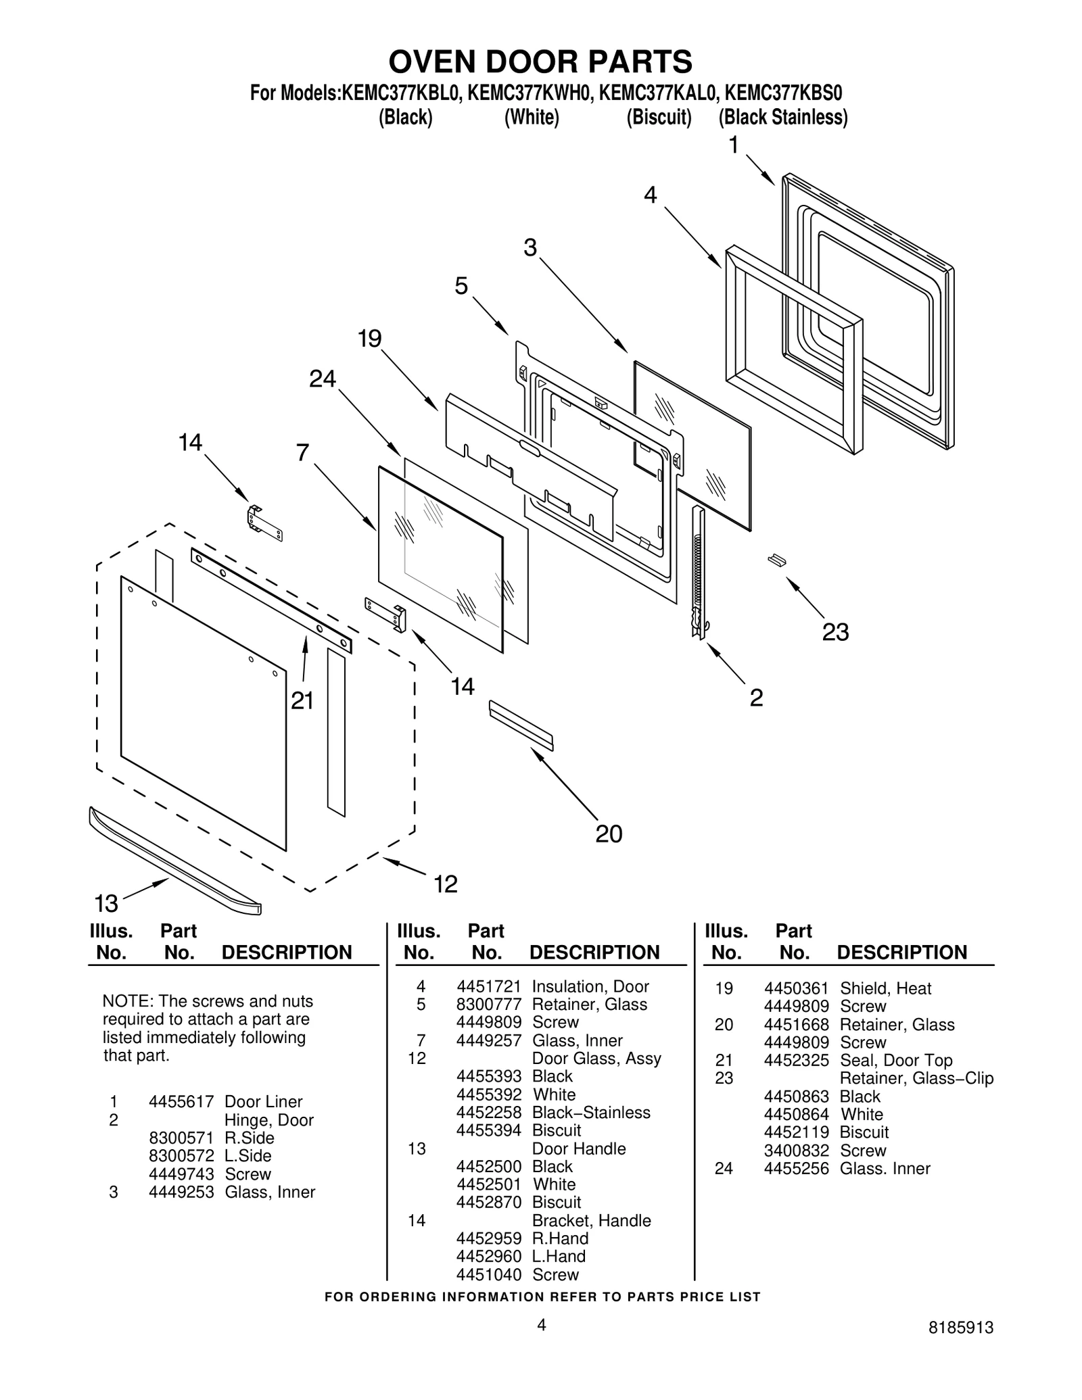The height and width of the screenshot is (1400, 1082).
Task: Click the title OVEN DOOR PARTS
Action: pos(540,62)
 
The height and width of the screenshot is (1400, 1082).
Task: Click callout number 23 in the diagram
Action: pos(834,633)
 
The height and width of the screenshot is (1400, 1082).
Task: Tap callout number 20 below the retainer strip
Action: pos(608,834)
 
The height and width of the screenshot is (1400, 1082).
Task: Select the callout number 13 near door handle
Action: pos(106,903)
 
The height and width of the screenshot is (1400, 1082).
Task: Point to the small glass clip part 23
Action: pos(778,559)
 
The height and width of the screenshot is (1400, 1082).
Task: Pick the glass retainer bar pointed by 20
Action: pos(521,725)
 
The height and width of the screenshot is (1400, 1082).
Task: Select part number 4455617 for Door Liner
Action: pos(181,1101)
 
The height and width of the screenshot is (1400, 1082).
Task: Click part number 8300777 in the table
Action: pos(488,1005)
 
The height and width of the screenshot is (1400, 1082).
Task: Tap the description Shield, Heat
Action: pos(885,988)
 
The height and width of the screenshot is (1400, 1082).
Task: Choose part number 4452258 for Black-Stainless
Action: pos(488,1113)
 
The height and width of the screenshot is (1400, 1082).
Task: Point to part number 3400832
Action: pos(796,1151)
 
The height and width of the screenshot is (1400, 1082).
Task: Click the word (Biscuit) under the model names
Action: pos(659,118)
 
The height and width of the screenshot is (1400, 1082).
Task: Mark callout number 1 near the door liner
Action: pos(733,145)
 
